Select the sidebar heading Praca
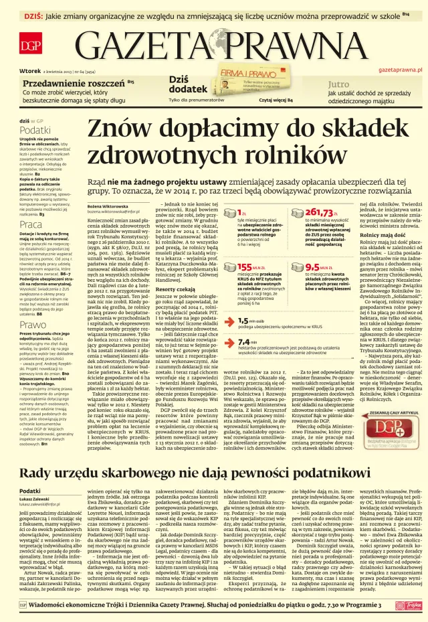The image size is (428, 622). [31, 225]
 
